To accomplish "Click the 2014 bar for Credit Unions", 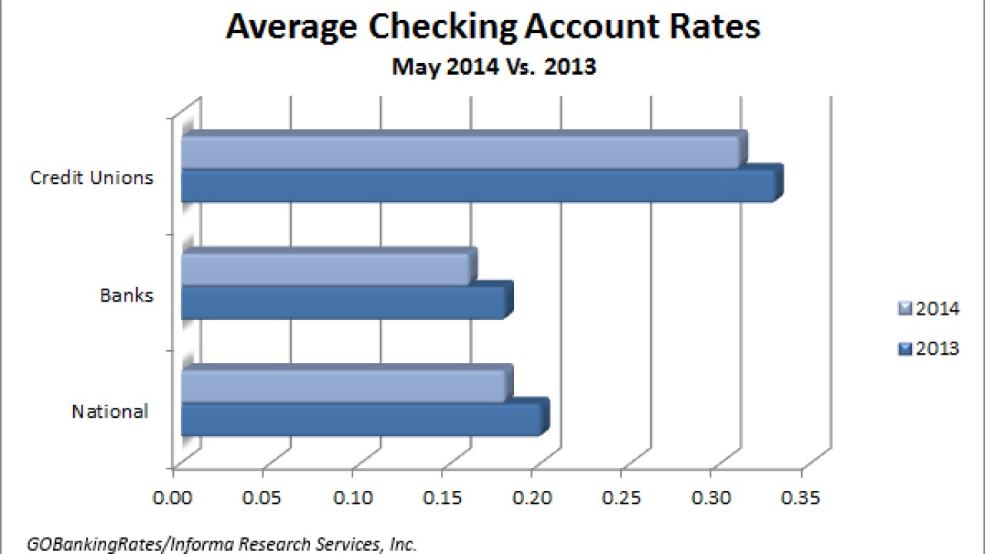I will [462, 152].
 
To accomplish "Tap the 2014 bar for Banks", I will [326, 269].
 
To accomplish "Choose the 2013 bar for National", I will [362, 419].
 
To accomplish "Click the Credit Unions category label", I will [92, 178].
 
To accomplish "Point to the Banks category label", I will [127, 295].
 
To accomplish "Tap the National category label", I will [109, 412].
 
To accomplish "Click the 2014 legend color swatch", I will [904, 309].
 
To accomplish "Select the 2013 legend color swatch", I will [904, 349].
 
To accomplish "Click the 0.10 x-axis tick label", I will [353, 498].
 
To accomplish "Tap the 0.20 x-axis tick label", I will [533, 498].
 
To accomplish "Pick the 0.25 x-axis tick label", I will [622, 498].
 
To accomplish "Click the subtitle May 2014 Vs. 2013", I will [494, 66].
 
